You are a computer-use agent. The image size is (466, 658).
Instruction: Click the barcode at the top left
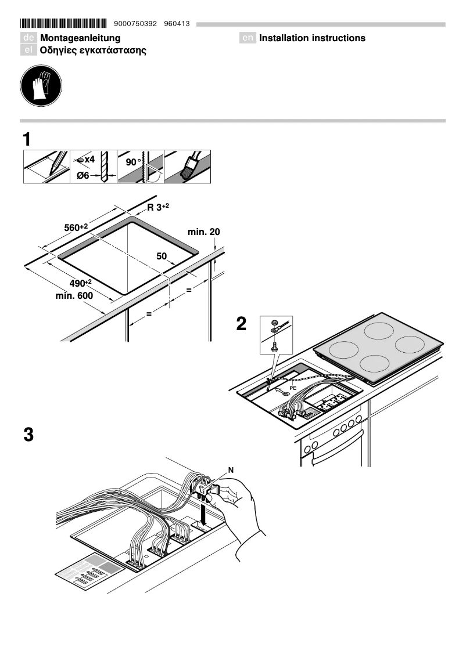(x=63, y=24)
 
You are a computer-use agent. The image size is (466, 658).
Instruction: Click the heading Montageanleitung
(x=80, y=38)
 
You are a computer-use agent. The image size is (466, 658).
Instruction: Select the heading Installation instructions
(x=312, y=38)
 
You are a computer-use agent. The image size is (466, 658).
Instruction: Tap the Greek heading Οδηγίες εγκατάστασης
(x=92, y=50)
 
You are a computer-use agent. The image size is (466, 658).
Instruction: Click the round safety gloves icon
(x=41, y=86)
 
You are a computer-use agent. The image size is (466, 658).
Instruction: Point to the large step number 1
(x=27, y=140)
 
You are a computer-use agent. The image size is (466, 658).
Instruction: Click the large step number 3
(x=28, y=435)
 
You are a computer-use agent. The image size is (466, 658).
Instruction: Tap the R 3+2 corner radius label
(x=159, y=207)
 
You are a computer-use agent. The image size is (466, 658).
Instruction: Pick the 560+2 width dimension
(x=76, y=227)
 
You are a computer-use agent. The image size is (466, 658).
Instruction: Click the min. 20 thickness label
(x=203, y=232)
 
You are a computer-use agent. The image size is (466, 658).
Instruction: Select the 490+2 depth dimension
(x=81, y=283)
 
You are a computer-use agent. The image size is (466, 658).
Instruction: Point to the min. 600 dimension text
(x=74, y=295)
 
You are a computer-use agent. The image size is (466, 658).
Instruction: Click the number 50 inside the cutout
(x=162, y=255)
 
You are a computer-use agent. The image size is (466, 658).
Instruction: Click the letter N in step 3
(x=232, y=469)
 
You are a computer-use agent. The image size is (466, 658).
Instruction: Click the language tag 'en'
(x=248, y=38)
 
